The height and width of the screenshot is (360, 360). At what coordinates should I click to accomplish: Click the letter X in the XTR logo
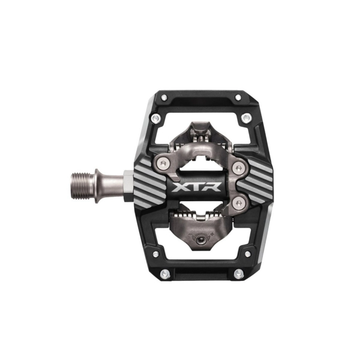coord(179,187)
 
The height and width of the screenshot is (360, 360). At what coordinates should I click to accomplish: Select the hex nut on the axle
coord(128,186)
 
